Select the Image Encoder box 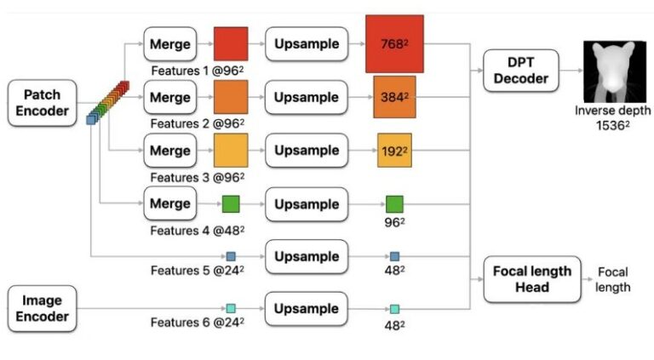[x=40, y=309]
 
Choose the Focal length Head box [x=532, y=279]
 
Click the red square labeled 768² [x=394, y=43]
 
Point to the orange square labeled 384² [x=394, y=97]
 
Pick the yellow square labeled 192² [x=394, y=151]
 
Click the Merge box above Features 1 [x=170, y=43]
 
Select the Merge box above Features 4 [x=170, y=204]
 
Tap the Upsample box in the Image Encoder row [x=307, y=309]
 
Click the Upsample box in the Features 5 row [x=307, y=256]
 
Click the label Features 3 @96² [x=198, y=178]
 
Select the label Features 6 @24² [x=198, y=323]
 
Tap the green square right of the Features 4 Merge [x=231, y=204]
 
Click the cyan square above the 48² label [x=394, y=309]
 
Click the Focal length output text [x=613, y=279]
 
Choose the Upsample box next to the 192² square [x=307, y=151]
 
